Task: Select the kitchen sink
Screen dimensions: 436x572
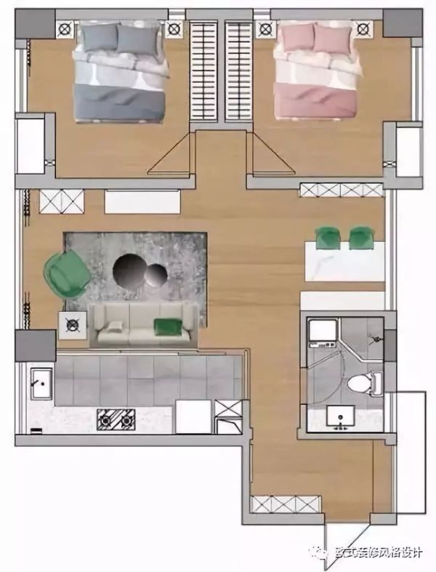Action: coord(41,384)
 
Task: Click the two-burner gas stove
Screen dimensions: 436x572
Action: coord(116,419)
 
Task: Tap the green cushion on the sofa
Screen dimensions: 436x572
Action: coord(168,326)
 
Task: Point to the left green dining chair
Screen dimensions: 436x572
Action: coord(327,237)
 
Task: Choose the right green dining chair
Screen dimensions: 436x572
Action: coord(361,237)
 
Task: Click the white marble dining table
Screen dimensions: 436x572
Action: coord(344,261)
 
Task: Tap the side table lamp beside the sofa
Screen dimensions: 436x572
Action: coord(73,325)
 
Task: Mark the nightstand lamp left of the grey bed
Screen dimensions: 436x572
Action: coord(65,28)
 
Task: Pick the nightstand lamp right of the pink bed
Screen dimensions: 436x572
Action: coord(363,28)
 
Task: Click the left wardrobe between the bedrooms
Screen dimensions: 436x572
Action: coord(204,71)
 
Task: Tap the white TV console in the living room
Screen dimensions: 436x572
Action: coord(142,201)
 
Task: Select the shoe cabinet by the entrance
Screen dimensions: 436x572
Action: coord(286,504)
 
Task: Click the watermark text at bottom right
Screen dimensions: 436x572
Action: coord(379,552)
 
